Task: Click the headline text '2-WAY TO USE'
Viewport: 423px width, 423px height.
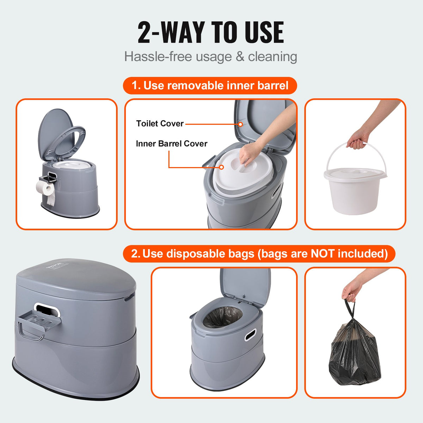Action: pyautogui.click(x=211, y=32)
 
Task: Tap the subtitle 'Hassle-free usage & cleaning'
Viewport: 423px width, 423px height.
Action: pyautogui.click(x=211, y=57)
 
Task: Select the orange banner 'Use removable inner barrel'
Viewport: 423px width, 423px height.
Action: pyautogui.click(x=210, y=86)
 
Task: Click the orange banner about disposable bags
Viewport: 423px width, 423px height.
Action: pyautogui.click(x=259, y=254)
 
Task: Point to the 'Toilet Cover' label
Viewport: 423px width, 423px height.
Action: pyautogui.click(x=160, y=124)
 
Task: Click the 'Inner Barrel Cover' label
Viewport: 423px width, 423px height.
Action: pyautogui.click(x=171, y=144)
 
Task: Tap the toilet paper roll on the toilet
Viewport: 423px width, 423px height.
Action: pyautogui.click(x=46, y=189)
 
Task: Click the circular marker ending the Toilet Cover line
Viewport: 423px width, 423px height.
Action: pyautogui.click(x=240, y=124)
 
